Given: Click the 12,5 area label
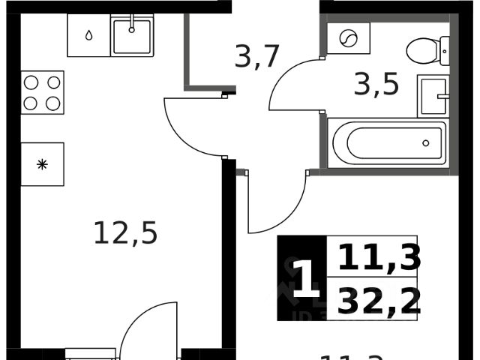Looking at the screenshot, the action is coord(125,233).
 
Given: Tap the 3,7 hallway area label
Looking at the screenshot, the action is coord(257,56).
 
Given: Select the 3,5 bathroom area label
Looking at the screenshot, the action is coord(376,82).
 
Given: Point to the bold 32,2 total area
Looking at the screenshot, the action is coord(379,300).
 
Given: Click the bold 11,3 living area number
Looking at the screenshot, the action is coord(379,257).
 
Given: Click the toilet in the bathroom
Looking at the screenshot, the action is coord(427,50).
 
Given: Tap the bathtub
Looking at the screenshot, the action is coord(387,142).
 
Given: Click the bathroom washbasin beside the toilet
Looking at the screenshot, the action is coord(433,96).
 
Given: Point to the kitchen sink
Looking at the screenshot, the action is coord(132,35).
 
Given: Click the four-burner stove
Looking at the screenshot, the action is coord(42,92).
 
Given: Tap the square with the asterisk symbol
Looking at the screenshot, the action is coord(42,164).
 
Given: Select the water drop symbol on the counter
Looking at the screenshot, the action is coord(88,35).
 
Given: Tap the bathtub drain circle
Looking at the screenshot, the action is coord(426,142).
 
